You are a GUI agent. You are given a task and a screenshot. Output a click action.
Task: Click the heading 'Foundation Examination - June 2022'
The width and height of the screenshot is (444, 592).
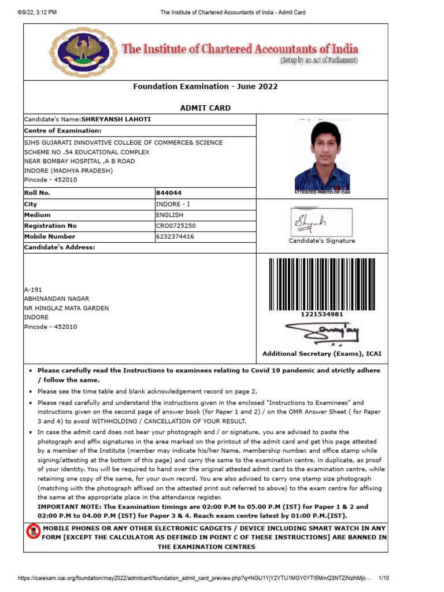205,87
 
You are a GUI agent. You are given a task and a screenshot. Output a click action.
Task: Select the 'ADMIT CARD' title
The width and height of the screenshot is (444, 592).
205,108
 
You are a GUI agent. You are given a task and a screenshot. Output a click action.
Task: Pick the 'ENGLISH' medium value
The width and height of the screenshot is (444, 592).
169,215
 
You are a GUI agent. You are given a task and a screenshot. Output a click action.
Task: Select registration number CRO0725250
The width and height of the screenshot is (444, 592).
176,226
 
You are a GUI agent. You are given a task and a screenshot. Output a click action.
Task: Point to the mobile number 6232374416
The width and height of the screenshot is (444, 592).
175,236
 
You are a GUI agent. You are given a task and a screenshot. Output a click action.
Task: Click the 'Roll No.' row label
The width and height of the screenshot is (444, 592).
38,193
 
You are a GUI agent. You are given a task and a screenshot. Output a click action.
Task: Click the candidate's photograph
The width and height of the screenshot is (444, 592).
322,156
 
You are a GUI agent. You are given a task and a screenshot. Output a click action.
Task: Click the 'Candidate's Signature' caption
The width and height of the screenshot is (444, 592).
322,241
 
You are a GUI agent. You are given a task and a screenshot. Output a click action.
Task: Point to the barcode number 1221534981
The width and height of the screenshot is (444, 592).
322,314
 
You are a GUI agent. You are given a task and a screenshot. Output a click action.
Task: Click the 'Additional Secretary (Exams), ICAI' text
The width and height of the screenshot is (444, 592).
322,354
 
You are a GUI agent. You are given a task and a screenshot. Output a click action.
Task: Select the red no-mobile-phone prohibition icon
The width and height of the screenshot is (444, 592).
34,532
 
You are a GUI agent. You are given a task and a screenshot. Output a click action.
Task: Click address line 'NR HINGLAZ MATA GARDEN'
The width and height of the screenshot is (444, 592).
66,308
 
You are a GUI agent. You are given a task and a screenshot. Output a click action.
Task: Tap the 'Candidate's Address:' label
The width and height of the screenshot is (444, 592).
59,247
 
